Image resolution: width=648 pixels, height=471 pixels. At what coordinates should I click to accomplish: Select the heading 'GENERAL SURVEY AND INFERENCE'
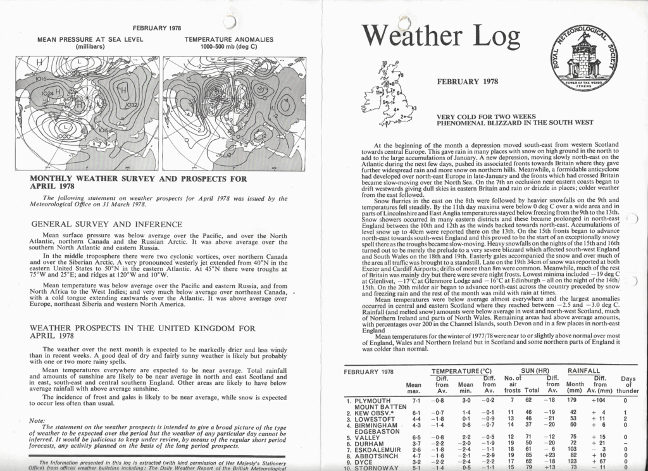click(x=107, y=224)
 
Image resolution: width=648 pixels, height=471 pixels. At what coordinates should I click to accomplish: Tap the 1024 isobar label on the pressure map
click(x=48, y=93)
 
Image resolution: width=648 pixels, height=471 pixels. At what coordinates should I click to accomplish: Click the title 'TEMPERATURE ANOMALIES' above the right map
click(x=229, y=39)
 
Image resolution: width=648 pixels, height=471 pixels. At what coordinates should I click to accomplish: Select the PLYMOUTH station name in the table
click(x=373, y=401)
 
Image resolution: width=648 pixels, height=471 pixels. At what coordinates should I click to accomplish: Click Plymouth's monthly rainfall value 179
click(x=573, y=401)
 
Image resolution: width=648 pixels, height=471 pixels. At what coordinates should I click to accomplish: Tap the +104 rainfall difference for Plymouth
click(x=599, y=401)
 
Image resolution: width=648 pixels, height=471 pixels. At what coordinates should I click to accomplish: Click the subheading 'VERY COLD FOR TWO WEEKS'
click(x=486, y=116)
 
